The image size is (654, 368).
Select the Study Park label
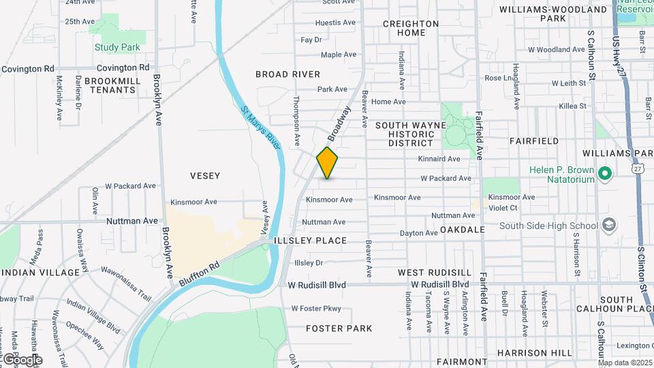[x=117, y=48]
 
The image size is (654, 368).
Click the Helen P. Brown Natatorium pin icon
[x=604, y=175]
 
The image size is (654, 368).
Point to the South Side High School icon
[x=608, y=226]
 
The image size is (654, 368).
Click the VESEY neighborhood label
[x=204, y=176]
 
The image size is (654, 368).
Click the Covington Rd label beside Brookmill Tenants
[x=123, y=67]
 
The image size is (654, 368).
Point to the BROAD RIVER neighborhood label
[x=287, y=74]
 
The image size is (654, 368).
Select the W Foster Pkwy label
[x=316, y=309]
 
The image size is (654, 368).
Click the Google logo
[x=22, y=359]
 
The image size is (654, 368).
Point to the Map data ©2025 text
[x=625, y=363]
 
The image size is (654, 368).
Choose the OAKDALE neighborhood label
[x=462, y=230]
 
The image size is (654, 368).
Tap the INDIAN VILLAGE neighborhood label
[x=40, y=273]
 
